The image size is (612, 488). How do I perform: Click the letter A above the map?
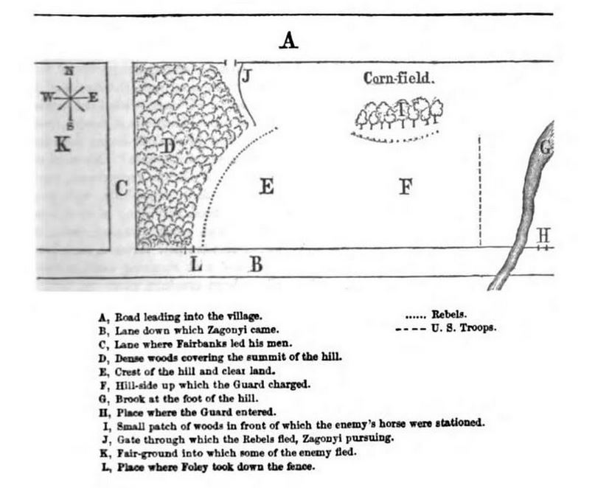click(x=288, y=41)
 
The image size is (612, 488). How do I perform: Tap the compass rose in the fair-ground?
click(x=69, y=96)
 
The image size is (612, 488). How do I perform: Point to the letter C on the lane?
click(x=122, y=189)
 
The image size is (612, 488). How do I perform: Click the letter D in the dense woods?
click(x=168, y=146)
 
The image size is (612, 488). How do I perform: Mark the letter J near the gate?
click(x=247, y=76)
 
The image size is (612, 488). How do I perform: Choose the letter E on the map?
click(x=267, y=187)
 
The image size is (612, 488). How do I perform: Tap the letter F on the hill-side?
click(x=405, y=187)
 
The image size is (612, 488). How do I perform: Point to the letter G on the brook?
click(x=546, y=148)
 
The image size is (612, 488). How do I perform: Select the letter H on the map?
click(x=544, y=235)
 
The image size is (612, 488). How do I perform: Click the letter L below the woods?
click(x=196, y=263)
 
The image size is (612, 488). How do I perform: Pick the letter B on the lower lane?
click(x=255, y=263)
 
